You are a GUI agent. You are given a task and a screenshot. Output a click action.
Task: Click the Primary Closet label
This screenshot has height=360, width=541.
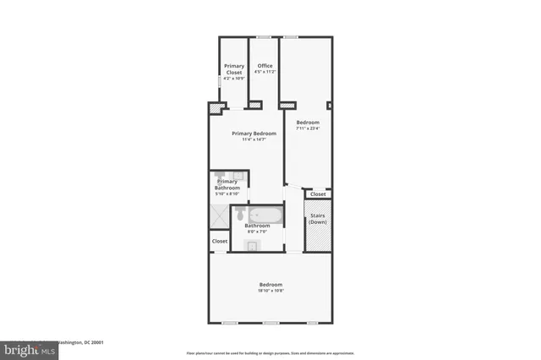point(233,69)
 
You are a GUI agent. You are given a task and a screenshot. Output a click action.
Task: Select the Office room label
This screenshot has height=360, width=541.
point(265,66)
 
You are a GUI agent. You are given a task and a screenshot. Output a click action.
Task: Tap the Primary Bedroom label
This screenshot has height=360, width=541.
point(254,133)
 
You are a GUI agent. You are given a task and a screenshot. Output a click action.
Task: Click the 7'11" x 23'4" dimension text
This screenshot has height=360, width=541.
point(307,129)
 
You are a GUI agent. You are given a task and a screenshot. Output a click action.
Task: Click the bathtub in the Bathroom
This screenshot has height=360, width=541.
point(265,215)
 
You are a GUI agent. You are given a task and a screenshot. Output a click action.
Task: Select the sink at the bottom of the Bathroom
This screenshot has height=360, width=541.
point(253,245)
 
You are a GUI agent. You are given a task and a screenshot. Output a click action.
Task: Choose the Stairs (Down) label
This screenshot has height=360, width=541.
point(318,219)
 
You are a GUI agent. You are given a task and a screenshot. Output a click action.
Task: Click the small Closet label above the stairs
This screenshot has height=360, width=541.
point(318,194)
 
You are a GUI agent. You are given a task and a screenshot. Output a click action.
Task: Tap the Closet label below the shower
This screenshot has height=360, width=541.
point(220,241)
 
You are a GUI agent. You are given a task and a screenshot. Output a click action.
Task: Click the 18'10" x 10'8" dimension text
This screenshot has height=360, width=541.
point(270,291)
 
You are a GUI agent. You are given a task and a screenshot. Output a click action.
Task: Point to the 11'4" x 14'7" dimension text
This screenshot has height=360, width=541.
point(254,139)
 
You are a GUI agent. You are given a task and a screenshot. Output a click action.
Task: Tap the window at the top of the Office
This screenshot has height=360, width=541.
point(264,36)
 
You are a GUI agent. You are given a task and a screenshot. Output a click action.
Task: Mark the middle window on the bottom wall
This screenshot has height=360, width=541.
point(270,323)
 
